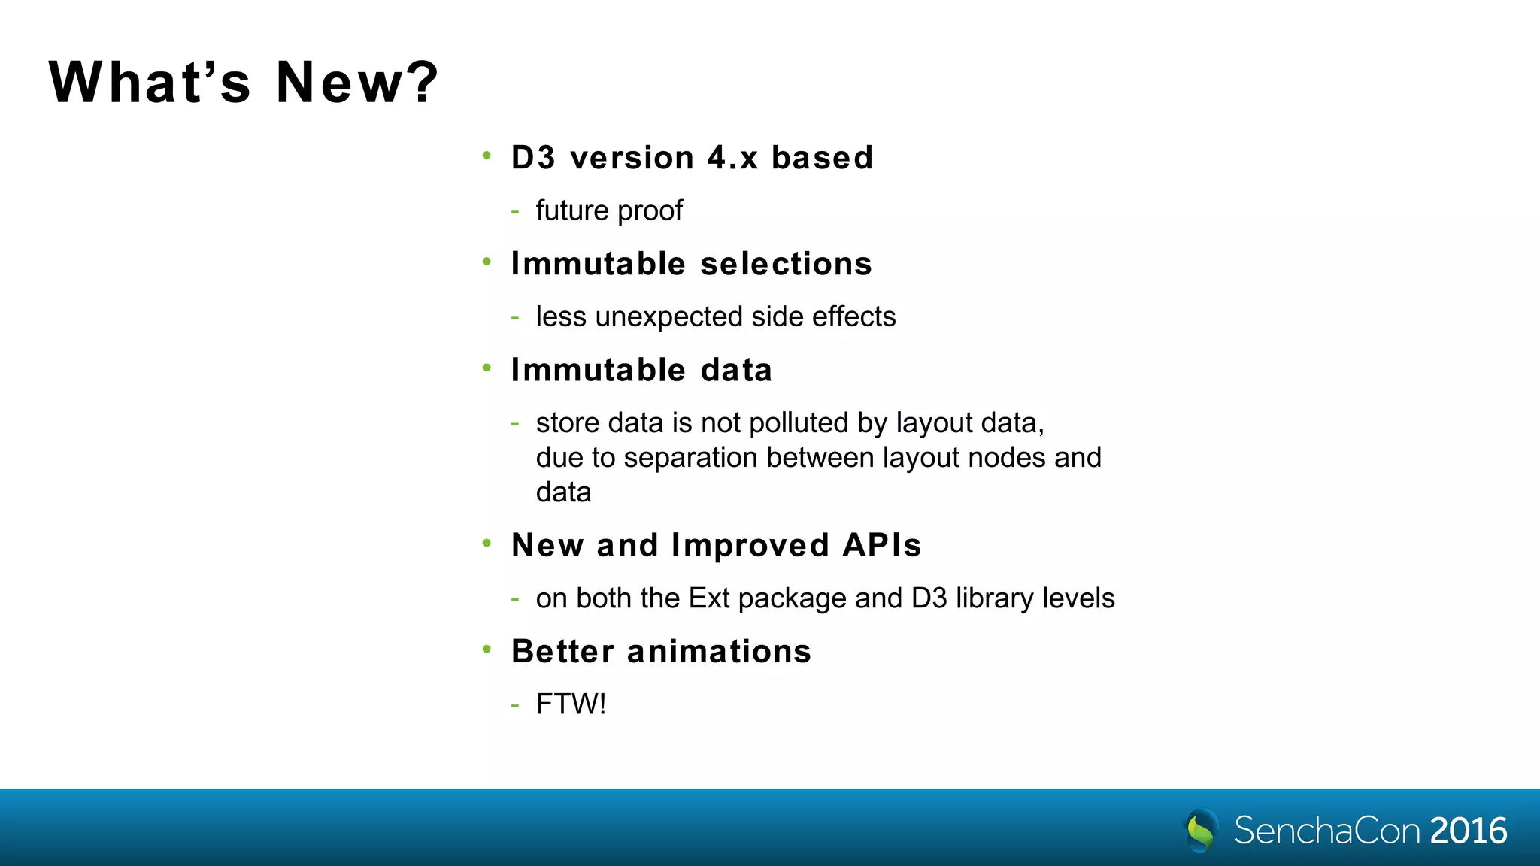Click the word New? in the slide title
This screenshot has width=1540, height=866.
(x=356, y=82)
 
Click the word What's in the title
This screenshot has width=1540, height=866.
(x=150, y=82)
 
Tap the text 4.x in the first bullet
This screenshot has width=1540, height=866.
(x=732, y=158)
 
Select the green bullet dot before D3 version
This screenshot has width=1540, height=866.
(x=487, y=156)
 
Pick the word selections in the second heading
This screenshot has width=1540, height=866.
(x=786, y=264)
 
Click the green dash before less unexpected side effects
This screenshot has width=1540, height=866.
(x=515, y=317)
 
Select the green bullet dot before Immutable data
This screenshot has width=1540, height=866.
(x=487, y=368)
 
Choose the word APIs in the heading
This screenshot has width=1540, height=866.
(x=882, y=545)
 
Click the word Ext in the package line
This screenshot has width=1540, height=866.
(x=708, y=598)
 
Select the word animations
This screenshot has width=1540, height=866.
(x=719, y=651)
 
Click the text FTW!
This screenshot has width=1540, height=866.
(x=571, y=704)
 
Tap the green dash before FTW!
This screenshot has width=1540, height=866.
(x=515, y=705)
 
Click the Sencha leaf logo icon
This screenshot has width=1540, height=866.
(x=1201, y=830)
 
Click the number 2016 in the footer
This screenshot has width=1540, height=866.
(x=1468, y=831)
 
